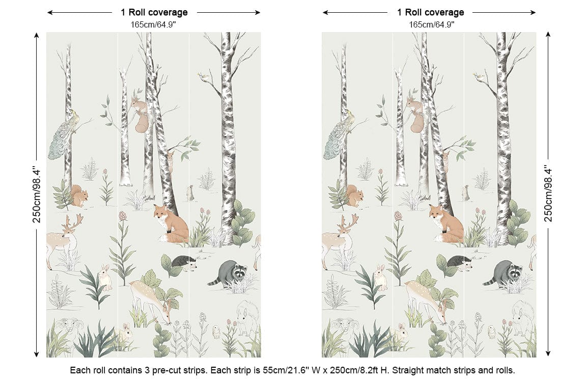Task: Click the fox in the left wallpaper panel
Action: [x=171, y=224]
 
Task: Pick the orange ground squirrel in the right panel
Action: [x=354, y=196]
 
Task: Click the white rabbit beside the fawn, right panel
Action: [x=381, y=278]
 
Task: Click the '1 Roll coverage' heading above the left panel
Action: [x=154, y=12]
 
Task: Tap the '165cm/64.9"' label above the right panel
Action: [x=431, y=25]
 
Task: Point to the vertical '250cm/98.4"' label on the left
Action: [x=36, y=195]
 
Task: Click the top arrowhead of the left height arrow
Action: [x=36, y=35]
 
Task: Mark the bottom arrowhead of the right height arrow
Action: [x=548, y=353]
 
